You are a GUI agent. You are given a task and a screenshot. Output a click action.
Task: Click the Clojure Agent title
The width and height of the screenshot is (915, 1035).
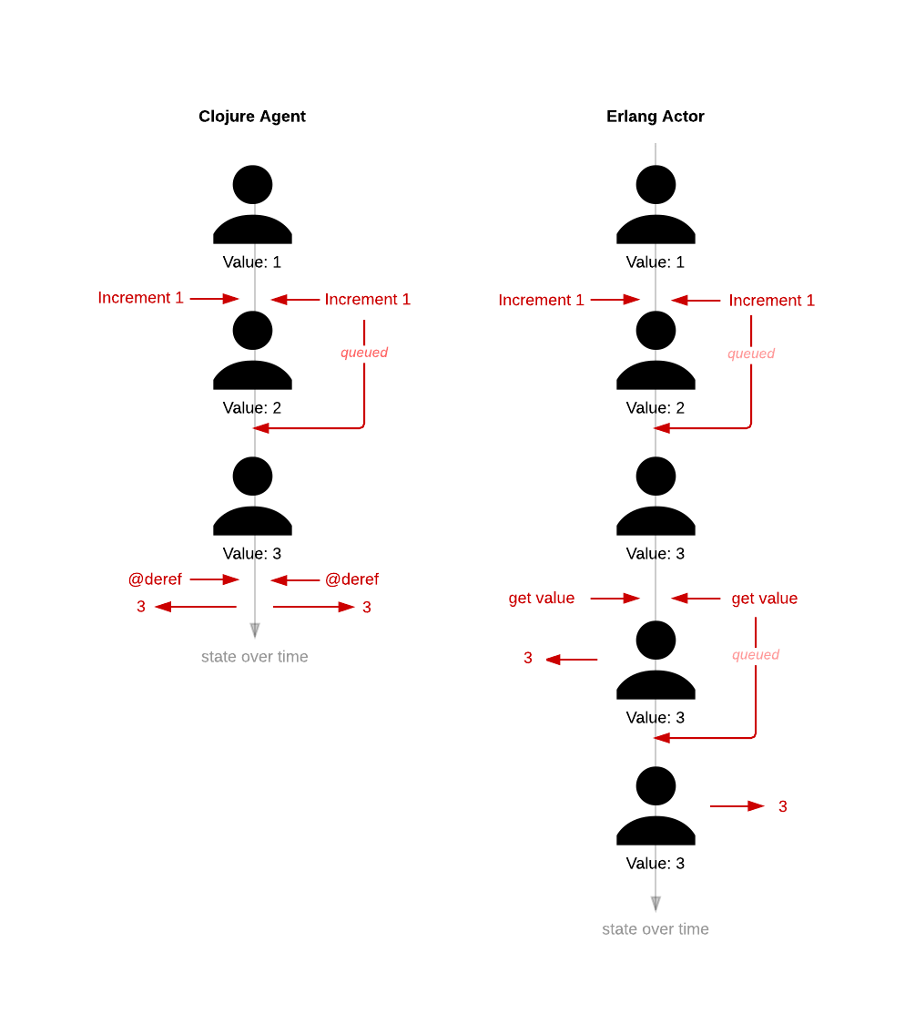point(252,117)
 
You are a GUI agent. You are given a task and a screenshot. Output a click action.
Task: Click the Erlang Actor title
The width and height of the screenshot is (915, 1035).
point(656,117)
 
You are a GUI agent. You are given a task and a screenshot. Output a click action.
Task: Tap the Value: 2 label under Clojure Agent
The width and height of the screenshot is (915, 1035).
point(252,408)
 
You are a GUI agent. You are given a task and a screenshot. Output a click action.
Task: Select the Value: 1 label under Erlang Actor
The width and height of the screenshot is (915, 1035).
point(656,262)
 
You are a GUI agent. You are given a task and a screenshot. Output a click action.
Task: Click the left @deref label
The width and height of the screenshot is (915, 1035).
point(155,579)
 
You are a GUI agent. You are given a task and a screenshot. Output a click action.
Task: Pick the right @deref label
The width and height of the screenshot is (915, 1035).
point(352,579)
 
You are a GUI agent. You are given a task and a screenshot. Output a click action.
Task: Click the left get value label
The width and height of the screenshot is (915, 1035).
point(542,599)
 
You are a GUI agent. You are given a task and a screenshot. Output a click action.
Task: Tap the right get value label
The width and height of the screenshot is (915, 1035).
point(765,599)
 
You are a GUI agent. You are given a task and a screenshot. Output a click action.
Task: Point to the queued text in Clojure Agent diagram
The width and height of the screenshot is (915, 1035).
point(364,353)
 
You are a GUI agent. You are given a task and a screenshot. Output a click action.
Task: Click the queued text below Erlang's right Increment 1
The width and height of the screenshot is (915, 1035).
point(751,354)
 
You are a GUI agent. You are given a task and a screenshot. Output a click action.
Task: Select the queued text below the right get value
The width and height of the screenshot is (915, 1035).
point(756,655)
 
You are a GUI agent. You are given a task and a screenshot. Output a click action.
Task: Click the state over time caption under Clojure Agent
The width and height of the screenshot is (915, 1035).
point(255,657)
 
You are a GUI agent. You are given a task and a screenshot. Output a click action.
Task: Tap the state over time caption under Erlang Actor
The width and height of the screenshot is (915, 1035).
point(656,929)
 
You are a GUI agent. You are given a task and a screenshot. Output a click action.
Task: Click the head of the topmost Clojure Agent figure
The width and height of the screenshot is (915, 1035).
point(253,185)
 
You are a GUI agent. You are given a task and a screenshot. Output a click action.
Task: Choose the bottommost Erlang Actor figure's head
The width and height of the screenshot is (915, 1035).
point(656,786)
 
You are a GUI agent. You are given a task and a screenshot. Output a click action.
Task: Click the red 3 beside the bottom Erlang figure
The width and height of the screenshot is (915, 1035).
point(783,806)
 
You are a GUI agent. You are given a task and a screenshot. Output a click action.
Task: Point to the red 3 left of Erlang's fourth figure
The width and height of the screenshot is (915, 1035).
point(528,658)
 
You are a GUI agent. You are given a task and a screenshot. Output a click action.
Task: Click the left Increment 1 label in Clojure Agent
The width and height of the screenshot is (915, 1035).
point(140,298)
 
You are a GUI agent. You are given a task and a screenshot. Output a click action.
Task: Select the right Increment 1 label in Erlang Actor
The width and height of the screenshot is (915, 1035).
point(772,301)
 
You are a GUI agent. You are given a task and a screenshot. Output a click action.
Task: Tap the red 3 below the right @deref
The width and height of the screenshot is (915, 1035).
point(367,608)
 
